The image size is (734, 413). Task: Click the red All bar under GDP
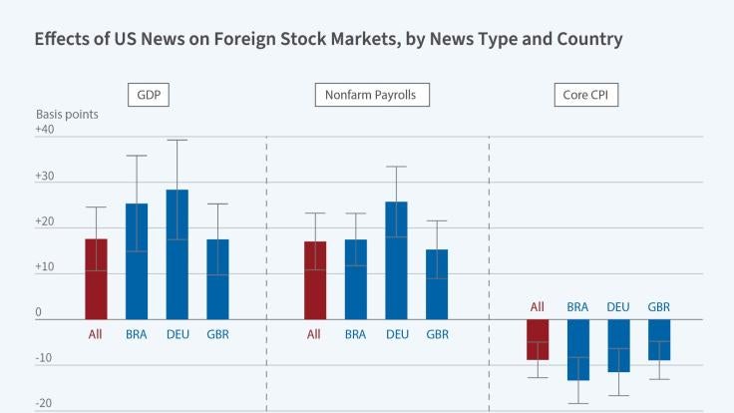[x=96, y=279]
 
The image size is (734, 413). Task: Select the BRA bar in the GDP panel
[x=137, y=261]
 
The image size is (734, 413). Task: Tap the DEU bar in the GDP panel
[x=178, y=254]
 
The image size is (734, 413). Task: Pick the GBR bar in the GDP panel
[x=217, y=279]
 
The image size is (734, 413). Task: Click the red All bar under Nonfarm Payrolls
[x=315, y=280]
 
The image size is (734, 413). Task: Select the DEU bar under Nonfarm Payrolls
[x=396, y=260]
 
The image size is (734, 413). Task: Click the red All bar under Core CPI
[x=538, y=339]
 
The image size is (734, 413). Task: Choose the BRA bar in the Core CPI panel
[x=578, y=349]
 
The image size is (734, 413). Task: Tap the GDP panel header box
[x=148, y=96]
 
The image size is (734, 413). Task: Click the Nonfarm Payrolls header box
[x=372, y=96]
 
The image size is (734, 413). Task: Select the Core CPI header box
[x=585, y=96]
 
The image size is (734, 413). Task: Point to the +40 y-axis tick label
[x=47, y=131]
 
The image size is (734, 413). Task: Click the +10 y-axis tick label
[x=47, y=267]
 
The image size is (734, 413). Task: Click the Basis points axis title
[x=67, y=114]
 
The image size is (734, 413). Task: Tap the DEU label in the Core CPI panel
[x=619, y=306]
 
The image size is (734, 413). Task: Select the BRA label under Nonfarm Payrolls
[x=356, y=333]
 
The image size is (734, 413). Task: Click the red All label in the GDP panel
[x=96, y=333]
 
